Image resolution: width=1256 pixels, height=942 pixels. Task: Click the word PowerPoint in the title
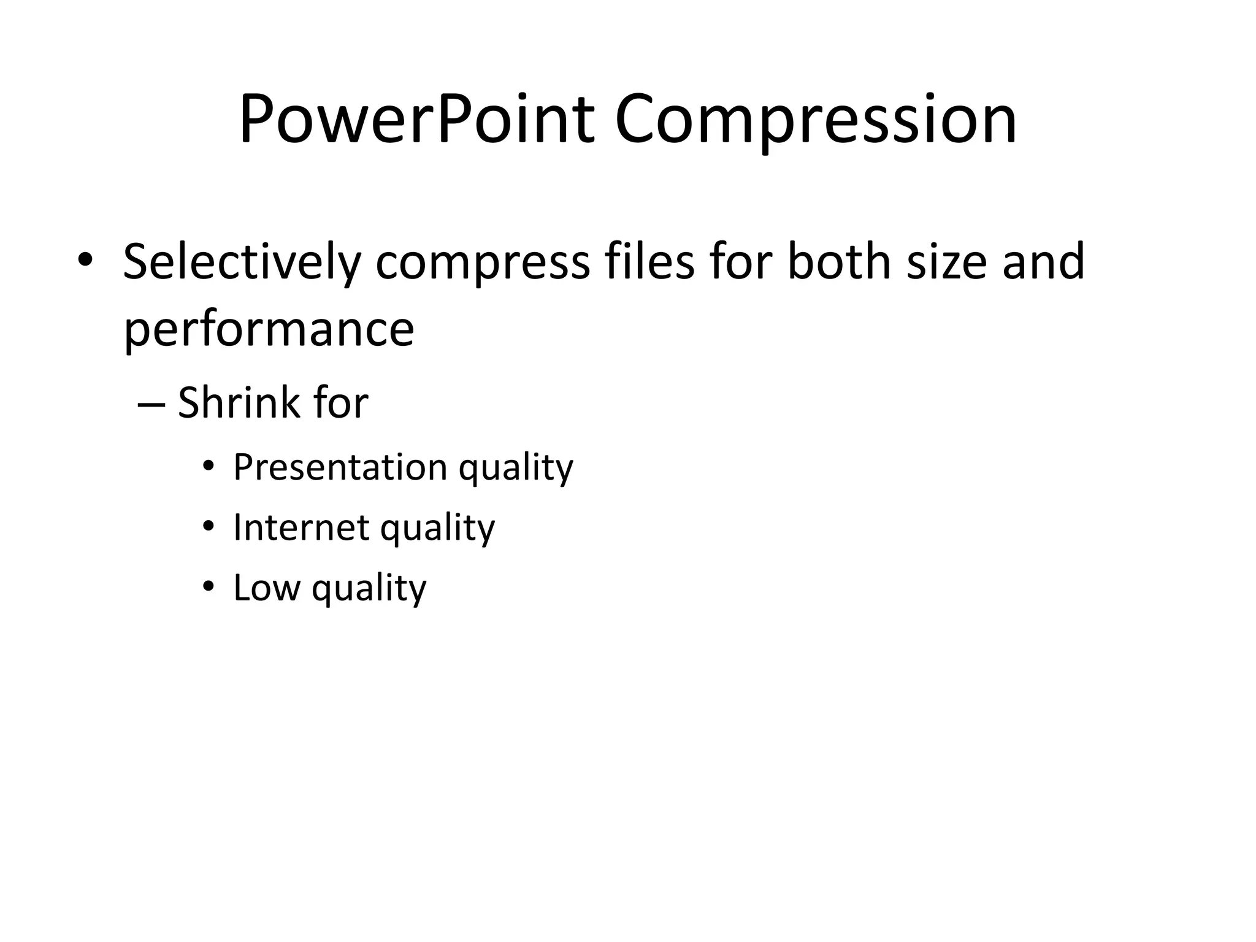click(x=417, y=119)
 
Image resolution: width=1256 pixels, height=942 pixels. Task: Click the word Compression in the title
click(x=816, y=119)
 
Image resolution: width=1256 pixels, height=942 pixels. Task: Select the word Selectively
click(x=242, y=262)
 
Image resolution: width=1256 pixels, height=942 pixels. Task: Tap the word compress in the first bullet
click(x=483, y=262)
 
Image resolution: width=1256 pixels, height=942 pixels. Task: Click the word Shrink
click(x=239, y=404)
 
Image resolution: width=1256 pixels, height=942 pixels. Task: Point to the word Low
click(x=267, y=588)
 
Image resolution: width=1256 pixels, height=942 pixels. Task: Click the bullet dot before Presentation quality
click(x=209, y=467)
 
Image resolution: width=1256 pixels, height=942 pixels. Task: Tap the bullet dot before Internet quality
click(x=209, y=527)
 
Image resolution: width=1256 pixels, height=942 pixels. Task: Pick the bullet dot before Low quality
click(x=209, y=588)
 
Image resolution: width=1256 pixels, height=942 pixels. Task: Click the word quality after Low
click(x=369, y=589)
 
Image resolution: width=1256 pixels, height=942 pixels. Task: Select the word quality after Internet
click(x=437, y=529)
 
